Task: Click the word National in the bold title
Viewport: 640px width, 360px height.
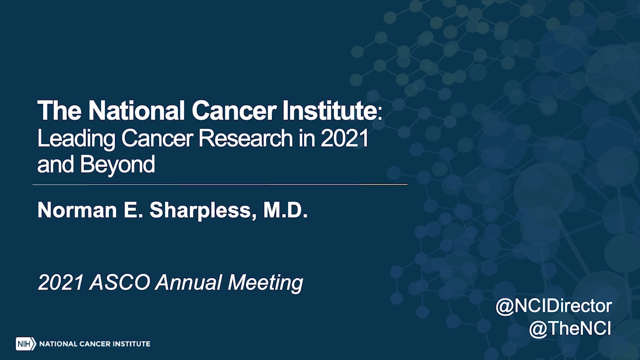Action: [136, 110]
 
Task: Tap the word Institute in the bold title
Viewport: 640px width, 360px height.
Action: [329, 110]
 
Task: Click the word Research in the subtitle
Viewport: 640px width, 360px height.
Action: [245, 138]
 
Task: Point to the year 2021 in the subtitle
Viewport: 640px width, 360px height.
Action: [344, 138]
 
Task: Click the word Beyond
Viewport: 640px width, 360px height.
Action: [117, 165]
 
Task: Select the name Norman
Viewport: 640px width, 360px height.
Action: [77, 210]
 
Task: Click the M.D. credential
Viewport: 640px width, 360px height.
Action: [285, 210]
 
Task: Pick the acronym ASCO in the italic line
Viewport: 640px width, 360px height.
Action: [119, 282]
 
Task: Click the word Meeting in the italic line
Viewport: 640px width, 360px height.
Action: [265, 283]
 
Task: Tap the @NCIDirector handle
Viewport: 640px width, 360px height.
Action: [553, 306]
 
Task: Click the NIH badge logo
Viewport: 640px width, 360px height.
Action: [26, 343]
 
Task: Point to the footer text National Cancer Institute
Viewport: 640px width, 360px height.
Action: [94, 343]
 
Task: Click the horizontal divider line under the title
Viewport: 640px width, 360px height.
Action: [220, 184]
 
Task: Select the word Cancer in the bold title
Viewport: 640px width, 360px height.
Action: [234, 110]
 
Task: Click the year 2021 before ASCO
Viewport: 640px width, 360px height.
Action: [60, 282]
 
